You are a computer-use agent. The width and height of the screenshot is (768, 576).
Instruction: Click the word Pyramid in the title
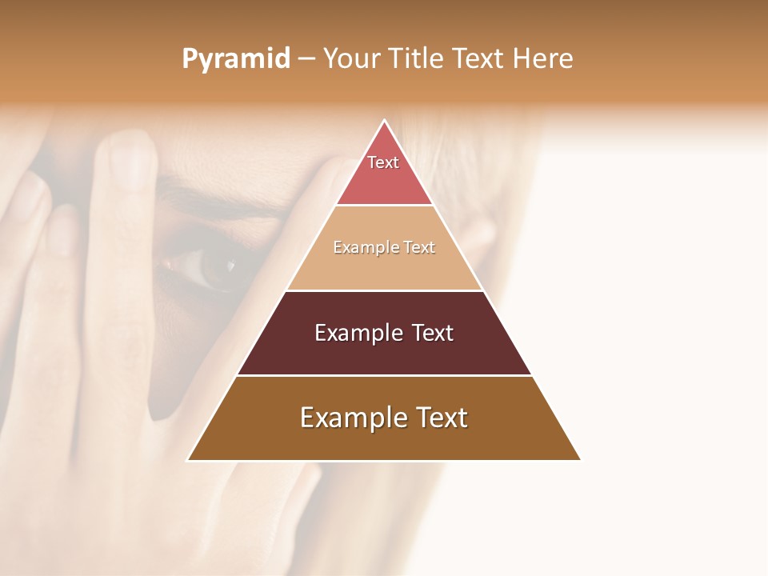(x=235, y=59)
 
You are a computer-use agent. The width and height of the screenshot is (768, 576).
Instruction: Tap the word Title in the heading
(x=417, y=59)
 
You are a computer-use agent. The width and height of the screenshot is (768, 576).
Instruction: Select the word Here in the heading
(x=542, y=59)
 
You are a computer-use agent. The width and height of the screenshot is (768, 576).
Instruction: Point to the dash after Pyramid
(x=306, y=59)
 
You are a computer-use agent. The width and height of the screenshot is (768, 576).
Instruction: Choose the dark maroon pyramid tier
(x=384, y=352)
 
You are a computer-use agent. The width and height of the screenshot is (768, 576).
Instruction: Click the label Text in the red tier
(x=383, y=162)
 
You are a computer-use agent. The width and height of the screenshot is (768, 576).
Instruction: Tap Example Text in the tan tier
(x=384, y=247)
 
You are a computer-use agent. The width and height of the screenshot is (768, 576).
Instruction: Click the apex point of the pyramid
(x=384, y=121)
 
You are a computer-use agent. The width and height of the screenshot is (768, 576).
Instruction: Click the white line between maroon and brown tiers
(x=384, y=375)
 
